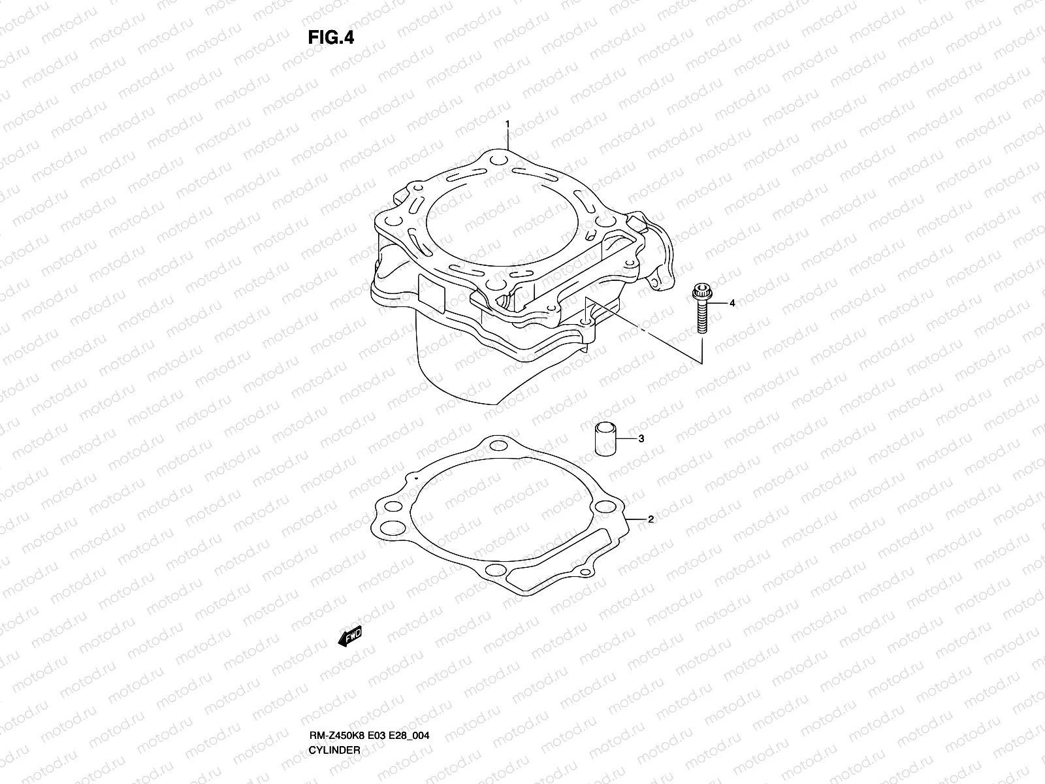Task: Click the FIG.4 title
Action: pos(330,38)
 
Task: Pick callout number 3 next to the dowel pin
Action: pos(641,438)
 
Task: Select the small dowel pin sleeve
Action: pos(603,438)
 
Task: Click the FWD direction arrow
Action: pos(349,637)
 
